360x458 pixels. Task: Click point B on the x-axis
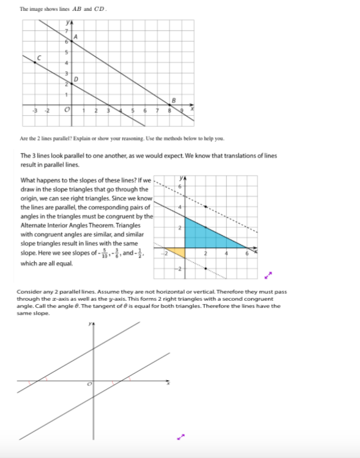(x=170, y=104)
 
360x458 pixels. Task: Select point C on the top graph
(x=35, y=62)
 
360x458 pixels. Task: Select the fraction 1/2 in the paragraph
(x=144, y=254)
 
